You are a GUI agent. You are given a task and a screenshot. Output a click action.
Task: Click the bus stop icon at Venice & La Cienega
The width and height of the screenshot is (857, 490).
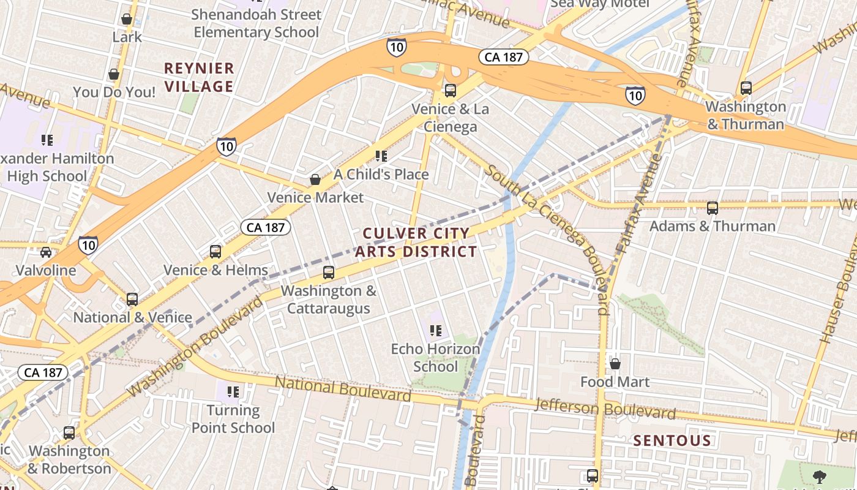tap(451, 91)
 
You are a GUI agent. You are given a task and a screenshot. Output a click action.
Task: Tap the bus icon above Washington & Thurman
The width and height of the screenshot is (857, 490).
tap(746, 88)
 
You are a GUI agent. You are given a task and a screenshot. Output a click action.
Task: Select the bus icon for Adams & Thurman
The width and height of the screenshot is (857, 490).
tap(712, 208)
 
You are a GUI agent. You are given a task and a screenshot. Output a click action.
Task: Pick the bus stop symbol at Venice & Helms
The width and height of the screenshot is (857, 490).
tap(215, 251)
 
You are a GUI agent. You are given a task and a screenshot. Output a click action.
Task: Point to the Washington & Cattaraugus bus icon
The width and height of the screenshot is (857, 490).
tap(329, 273)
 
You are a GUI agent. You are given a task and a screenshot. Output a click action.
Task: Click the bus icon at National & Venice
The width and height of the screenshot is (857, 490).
tap(132, 300)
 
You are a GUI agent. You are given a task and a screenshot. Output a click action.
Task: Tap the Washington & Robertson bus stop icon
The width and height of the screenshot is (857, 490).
tap(69, 433)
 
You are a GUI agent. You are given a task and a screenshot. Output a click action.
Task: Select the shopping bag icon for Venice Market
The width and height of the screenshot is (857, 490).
tap(315, 179)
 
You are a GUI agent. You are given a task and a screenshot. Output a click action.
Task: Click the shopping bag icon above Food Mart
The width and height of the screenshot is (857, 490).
tap(615, 364)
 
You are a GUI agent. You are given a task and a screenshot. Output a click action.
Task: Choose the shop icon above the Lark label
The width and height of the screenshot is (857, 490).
tap(127, 19)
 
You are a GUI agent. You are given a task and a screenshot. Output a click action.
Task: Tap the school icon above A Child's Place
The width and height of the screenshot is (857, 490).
tap(381, 156)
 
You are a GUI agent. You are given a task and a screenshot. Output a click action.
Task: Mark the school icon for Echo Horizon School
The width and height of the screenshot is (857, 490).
tap(435, 331)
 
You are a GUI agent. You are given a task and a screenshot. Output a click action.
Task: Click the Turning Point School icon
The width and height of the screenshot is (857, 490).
tap(233, 391)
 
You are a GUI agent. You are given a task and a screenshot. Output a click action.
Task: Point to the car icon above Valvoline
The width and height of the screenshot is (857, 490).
tap(46, 252)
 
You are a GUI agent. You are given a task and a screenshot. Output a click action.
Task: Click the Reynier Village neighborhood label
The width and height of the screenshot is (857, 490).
tap(199, 77)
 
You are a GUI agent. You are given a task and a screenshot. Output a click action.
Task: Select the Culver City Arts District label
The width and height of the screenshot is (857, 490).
tap(416, 243)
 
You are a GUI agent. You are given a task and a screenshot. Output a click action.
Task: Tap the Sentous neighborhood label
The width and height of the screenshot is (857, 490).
tap(672, 440)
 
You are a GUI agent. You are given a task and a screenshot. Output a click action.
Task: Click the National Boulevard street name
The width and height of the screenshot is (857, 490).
tap(342, 389)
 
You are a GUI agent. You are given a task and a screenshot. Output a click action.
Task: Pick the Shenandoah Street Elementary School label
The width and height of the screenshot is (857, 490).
tap(256, 23)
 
